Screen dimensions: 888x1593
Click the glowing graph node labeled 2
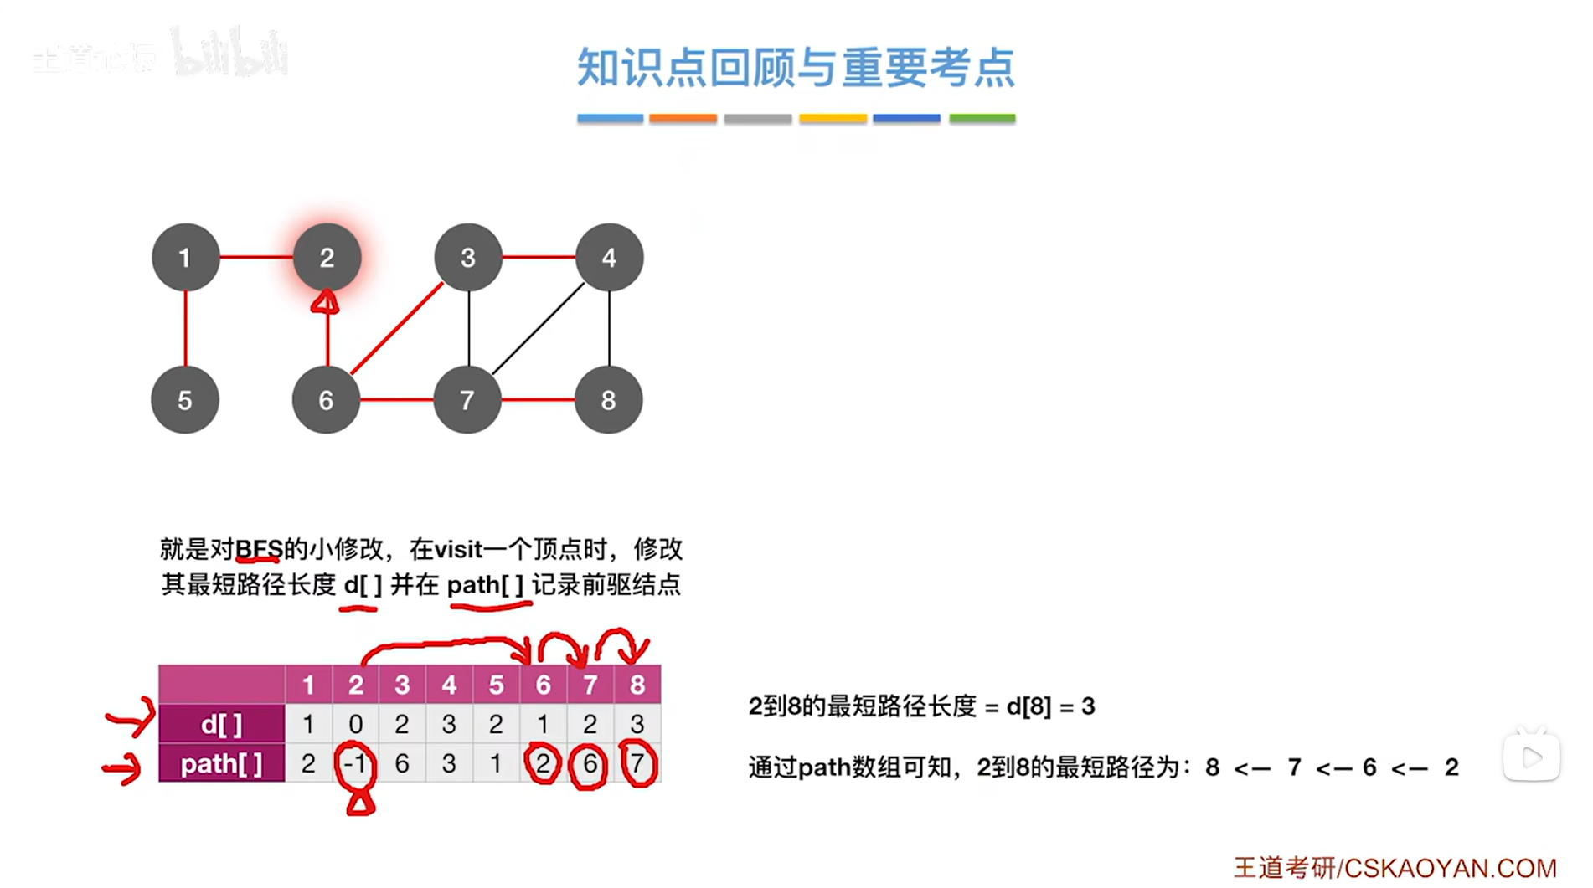pyautogui.click(x=327, y=258)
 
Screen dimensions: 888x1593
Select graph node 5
pyautogui.click(x=185, y=400)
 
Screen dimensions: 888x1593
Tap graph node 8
pyautogui.click(x=609, y=400)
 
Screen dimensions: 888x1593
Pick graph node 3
pyautogui.click(x=468, y=258)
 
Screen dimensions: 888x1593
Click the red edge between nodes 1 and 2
pyautogui.click(x=256, y=257)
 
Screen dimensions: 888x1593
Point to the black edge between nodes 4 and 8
pyautogui.click(x=609, y=329)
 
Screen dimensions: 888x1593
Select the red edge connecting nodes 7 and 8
pyautogui.click(x=539, y=400)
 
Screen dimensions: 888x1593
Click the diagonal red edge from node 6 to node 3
pyautogui.click(x=397, y=329)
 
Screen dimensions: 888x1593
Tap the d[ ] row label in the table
pyautogui.click(x=222, y=724)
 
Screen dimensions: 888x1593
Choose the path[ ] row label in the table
pyautogui.click(x=222, y=763)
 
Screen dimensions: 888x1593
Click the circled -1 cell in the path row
pyautogui.click(x=355, y=763)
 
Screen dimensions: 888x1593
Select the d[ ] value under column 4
pyautogui.click(x=449, y=724)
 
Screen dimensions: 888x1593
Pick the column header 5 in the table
pyautogui.click(x=496, y=685)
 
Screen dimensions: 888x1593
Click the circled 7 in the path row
pyautogui.click(x=637, y=763)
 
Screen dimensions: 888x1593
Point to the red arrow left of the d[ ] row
pyautogui.click(x=130, y=717)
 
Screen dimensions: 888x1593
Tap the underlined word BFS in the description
pyautogui.click(x=259, y=549)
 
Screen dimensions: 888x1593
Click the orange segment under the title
pyautogui.click(x=683, y=119)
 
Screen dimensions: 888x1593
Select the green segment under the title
pyautogui.click(x=982, y=119)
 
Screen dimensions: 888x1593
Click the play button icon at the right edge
pyautogui.click(x=1531, y=757)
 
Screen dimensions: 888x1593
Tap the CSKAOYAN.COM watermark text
pyautogui.click(x=1450, y=868)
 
